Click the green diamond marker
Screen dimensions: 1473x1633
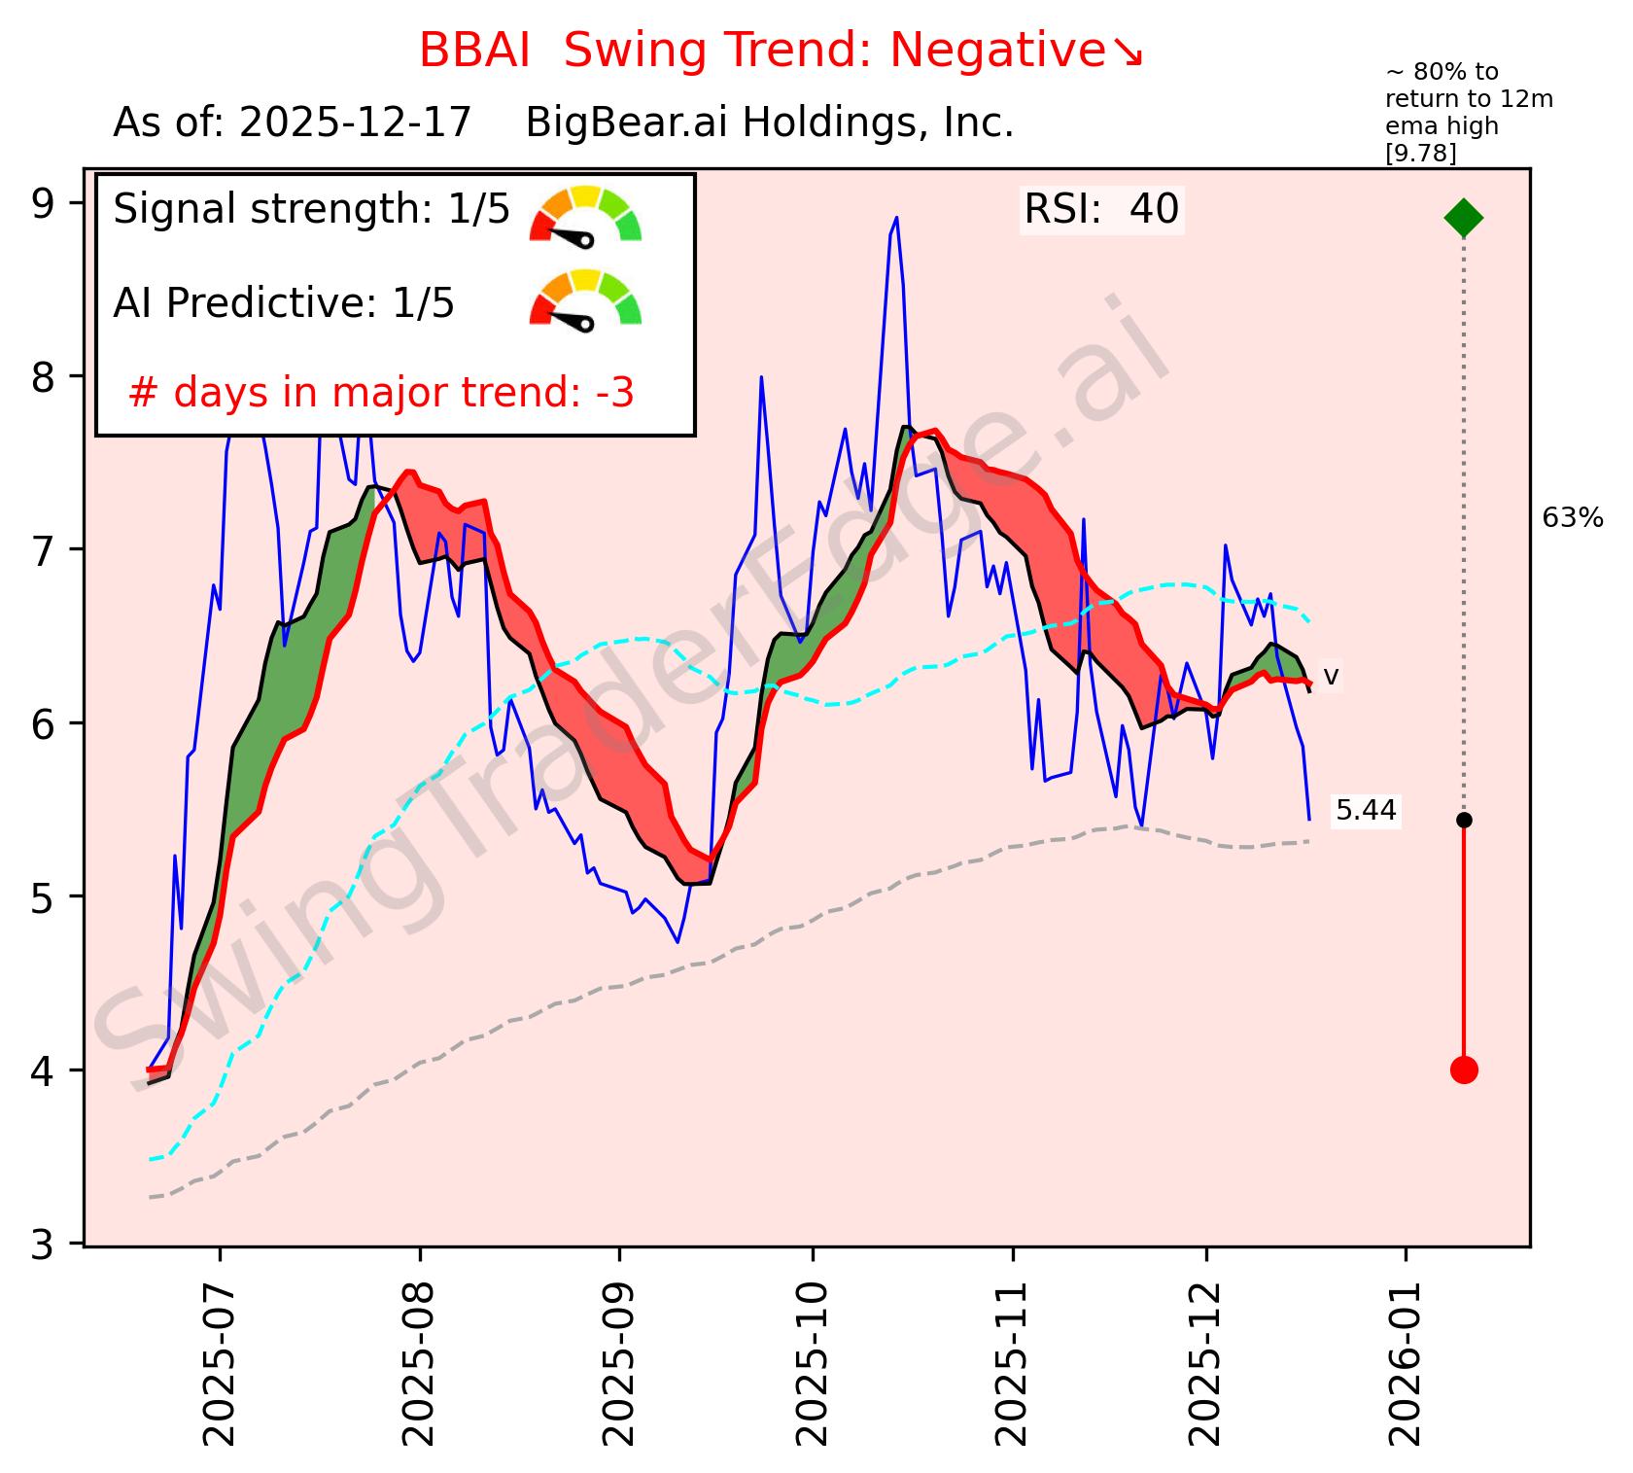pyautogui.click(x=1464, y=217)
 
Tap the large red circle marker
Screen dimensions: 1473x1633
pyautogui.click(x=1464, y=1070)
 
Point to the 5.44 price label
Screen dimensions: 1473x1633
pyautogui.click(x=1366, y=811)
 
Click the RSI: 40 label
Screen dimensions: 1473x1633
pyautogui.click(x=1101, y=210)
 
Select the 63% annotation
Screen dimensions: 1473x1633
pyautogui.click(x=1572, y=519)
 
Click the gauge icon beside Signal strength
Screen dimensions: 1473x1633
pyautogui.click(x=585, y=215)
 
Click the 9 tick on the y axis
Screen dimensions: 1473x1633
pyautogui.click(x=44, y=203)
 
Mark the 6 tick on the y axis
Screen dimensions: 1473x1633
pyautogui.click(x=44, y=723)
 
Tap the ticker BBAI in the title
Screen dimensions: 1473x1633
pyautogui.click(x=474, y=51)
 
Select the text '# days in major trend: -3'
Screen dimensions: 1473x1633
pyautogui.click(x=381, y=394)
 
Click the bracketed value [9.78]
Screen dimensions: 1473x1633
pyautogui.click(x=1420, y=154)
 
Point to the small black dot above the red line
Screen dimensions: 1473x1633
pyautogui.click(x=1464, y=820)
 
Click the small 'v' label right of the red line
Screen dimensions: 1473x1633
pyautogui.click(x=1332, y=676)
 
